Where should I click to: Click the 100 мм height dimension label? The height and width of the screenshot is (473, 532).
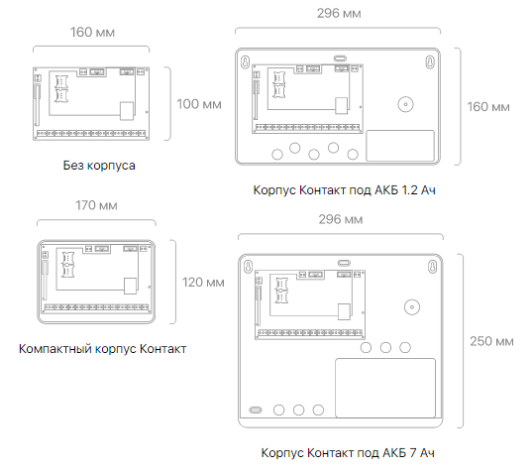199,104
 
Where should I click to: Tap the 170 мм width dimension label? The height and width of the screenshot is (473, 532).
96,205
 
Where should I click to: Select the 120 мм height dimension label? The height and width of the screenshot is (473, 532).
203,283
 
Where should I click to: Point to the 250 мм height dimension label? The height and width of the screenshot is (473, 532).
491,341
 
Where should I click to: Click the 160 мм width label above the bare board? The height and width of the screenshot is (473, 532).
92,33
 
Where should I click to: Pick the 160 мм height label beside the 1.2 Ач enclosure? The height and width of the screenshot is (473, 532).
488,107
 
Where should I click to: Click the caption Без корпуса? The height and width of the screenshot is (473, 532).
99,166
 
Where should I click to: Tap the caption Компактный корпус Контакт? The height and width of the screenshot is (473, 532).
102,349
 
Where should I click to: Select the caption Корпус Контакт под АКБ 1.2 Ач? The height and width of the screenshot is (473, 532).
345,190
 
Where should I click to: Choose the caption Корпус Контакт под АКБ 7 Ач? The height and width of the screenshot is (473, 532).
348,453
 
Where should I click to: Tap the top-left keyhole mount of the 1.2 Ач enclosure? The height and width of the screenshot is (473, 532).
245,62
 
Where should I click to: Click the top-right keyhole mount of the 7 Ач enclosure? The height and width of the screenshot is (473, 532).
433,267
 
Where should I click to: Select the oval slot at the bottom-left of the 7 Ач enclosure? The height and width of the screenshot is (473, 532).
256,410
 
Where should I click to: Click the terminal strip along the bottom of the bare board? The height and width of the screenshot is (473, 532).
91,134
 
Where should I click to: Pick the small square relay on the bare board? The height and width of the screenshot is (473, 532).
127,111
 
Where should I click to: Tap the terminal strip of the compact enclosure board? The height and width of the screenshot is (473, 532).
97,307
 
